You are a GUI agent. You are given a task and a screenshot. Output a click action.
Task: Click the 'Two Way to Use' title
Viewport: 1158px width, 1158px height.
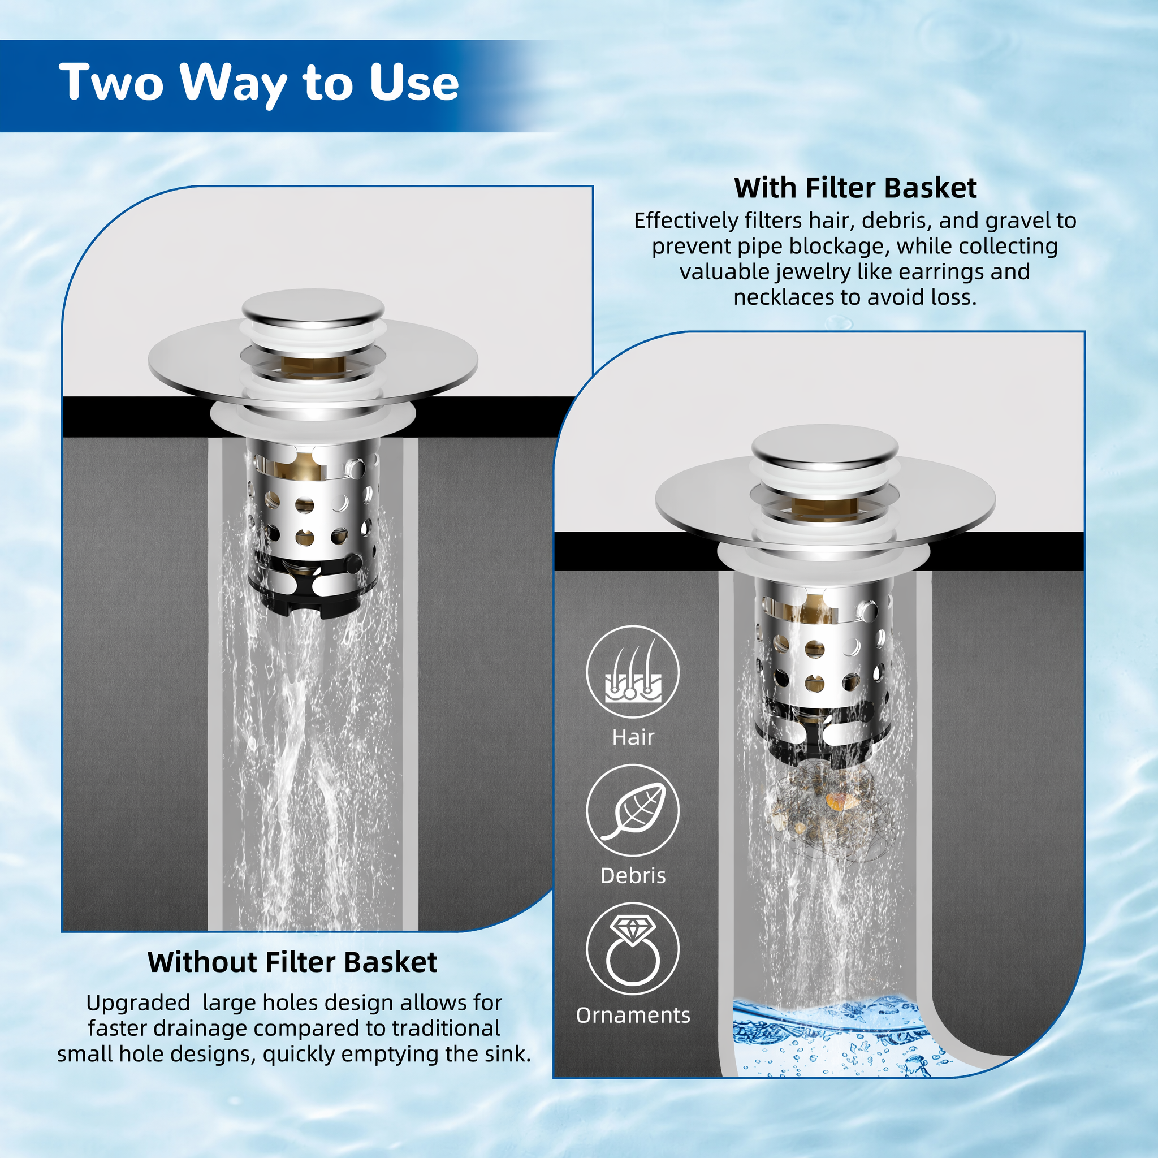259,83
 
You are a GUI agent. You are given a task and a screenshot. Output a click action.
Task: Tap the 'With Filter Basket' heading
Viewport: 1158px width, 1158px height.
855,188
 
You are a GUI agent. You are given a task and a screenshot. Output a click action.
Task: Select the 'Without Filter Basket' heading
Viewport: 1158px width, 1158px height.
292,962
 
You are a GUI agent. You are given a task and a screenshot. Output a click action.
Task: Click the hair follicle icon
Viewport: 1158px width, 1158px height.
633,671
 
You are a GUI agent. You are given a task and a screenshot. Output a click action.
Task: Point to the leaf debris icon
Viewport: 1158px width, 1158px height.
633,810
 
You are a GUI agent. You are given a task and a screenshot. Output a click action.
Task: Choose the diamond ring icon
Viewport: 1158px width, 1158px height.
633,949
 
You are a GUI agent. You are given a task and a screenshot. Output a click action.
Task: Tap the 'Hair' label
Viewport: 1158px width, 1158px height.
633,737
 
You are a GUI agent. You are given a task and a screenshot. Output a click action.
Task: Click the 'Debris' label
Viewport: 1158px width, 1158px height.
633,876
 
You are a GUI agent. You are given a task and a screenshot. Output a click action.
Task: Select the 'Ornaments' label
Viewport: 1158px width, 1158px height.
633,1016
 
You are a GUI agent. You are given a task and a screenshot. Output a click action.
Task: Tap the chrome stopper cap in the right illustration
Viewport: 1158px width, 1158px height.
826,445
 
